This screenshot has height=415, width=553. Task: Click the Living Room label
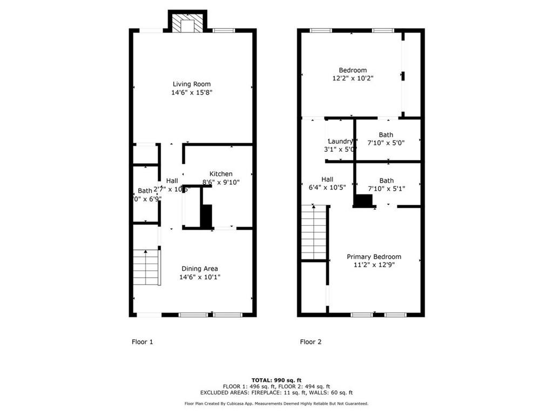(x=191, y=84)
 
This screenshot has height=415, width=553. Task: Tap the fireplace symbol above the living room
(x=187, y=23)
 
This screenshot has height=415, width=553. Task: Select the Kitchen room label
(x=221, y=173)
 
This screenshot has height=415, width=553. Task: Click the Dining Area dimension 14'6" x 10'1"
(x=199, y=277)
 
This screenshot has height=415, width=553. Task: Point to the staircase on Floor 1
(x=146, y=267)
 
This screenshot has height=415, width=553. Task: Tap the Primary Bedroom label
(x=374, y=257)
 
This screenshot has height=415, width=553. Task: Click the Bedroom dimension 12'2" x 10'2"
(x=353, y=78)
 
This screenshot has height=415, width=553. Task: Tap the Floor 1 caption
(x=143, y=342)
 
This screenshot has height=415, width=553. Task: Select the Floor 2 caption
(x=311, y=342)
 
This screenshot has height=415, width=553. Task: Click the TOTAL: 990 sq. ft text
(x=276, y=380)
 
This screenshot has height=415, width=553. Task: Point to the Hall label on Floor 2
(x=327, y=179)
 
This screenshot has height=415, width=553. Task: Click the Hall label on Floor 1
(x=172, y=180)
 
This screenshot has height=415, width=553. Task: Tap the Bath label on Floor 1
(x=144, y=190)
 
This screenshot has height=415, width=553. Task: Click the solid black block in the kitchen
(x=206, y=216)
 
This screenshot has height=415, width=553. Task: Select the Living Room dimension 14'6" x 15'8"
(x=191, y=92)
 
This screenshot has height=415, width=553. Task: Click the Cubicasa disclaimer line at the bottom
(x=276, y=404)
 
